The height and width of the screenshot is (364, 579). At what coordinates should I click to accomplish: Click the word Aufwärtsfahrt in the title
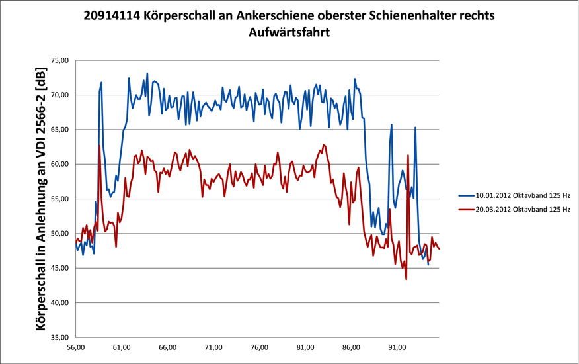click(x=289, y=31)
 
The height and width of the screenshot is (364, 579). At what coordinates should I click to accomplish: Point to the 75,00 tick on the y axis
click(x=60, y=60)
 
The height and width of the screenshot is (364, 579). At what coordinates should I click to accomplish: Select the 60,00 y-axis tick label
click(x=60, y=164)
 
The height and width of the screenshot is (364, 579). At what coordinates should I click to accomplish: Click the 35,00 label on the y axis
click(x=60, y=337)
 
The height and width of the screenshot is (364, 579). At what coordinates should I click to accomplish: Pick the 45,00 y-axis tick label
click(x=60, y=268)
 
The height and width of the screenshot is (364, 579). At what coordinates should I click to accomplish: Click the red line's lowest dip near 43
click(x=406, y=279)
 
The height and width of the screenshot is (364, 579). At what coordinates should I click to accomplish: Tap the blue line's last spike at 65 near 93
click(x=415, y=127)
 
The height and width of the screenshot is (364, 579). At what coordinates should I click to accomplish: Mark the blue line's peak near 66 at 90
click(x=391, y=124)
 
